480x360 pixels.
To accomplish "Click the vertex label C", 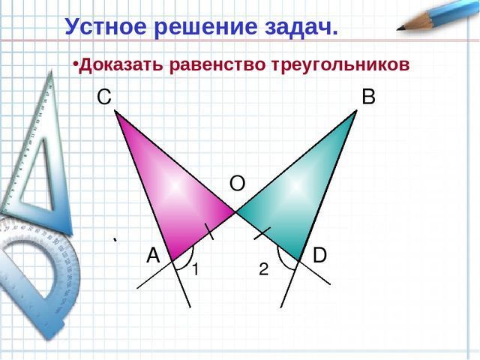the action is point(104,97).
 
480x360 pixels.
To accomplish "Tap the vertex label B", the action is point(368,97).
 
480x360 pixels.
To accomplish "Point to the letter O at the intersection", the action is point(237,184).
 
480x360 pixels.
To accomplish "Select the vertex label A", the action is point(153,255).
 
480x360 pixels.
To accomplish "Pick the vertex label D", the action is point(319,255).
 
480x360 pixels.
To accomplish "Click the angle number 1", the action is point(195,269).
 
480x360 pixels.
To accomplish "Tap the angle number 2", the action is point(263,269).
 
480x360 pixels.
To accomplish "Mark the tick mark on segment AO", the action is point(208,232).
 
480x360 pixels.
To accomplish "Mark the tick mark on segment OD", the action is point(262,233).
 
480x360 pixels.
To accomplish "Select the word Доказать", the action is point(121,65).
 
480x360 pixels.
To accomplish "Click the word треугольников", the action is point(340,65).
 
